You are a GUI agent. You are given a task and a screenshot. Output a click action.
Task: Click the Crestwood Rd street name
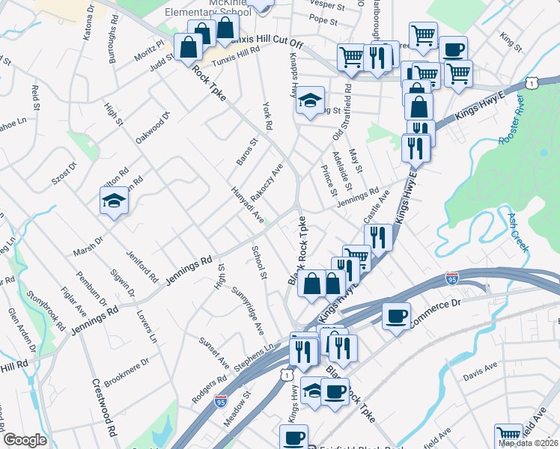(105, 408)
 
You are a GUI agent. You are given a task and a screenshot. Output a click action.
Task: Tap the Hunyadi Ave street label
(247, 204)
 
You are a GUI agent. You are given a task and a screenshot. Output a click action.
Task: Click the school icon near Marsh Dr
(114, 201)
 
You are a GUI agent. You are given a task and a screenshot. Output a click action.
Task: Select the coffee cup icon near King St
(452, 49)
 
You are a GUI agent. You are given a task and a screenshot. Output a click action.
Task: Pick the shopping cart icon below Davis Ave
(508, 435)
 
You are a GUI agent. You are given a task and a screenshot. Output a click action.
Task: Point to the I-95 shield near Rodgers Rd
(221, 402)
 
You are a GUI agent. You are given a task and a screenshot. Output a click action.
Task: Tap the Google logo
(25, 440)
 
